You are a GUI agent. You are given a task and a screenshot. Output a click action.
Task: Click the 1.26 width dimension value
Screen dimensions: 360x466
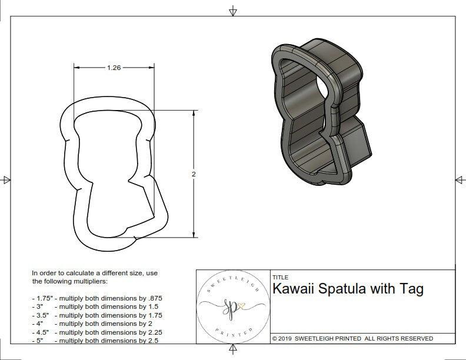114,68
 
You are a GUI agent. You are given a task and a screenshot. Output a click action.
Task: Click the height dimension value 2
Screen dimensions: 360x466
194,174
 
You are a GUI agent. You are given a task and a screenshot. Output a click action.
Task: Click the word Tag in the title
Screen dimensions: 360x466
411,289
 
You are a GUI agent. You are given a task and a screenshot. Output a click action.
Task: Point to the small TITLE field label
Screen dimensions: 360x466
281,277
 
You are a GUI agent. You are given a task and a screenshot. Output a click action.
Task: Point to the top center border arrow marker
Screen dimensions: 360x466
234,11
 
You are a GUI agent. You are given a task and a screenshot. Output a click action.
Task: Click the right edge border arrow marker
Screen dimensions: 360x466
460,179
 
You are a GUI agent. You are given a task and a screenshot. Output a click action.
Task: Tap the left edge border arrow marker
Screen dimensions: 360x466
6,179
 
